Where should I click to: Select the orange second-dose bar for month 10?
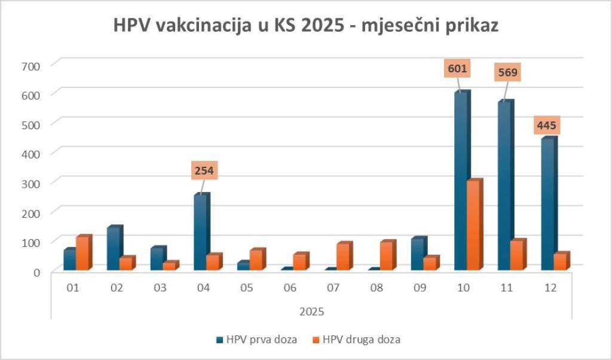tap(473, 225)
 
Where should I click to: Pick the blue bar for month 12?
tap(547, 205)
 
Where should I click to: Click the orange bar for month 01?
tap(82, 254)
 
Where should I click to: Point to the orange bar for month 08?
tap(386, 256)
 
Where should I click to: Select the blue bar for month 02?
tap(114, 249)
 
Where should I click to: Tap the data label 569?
tap(506, 73)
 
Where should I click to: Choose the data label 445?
tap(550, 126)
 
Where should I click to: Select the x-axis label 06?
tap(290, 288)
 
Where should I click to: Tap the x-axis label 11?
tap(507, 288)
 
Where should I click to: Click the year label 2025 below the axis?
tap(311, 312)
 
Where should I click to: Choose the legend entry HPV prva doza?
tap(257, 340)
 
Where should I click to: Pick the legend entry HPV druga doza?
tap(357, 340)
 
